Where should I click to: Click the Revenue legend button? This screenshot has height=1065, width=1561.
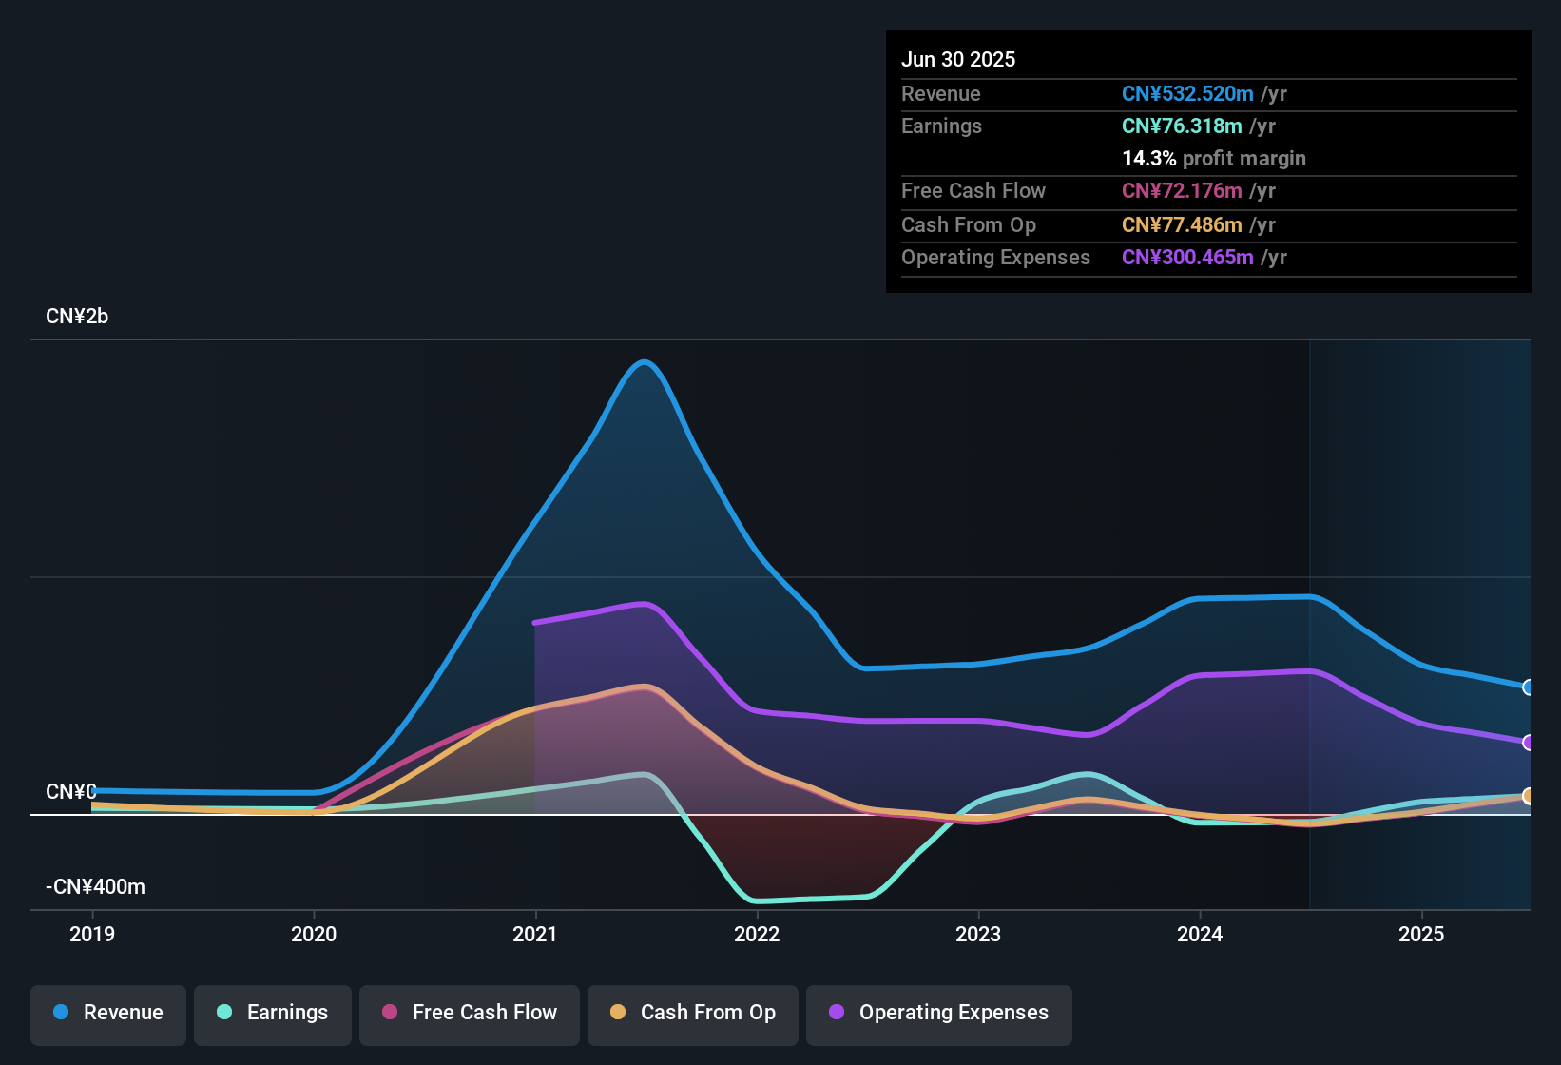point(108,1013)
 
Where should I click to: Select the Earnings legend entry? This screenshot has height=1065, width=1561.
point(273,1013)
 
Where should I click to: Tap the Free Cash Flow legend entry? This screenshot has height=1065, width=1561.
point(470,1013)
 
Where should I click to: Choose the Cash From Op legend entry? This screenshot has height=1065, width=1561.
point(693,1013)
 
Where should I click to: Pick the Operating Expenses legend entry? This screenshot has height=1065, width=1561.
point(939,1013)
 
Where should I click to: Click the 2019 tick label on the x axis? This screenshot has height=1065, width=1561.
point(92,934)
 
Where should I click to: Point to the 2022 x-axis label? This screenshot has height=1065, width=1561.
point(757,934)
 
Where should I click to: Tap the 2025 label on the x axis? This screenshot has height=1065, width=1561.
point(1421,934)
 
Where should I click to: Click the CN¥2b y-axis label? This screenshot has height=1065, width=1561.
point(77,317)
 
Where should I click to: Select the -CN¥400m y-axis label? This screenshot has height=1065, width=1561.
point(95,887)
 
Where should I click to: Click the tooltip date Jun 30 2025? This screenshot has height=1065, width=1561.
point(958,59)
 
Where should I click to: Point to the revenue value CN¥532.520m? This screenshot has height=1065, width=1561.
point(1187,93)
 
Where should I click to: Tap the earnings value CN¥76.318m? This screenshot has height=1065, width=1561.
point(1182,126)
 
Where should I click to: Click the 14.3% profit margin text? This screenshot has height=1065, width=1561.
point(1213,158)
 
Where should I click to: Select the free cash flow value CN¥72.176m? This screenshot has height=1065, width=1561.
point(1182,190)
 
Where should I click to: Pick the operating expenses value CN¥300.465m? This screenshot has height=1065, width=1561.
point(1187,257)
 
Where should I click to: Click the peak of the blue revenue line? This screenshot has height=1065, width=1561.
point(645,361)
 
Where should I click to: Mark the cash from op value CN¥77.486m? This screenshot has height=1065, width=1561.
point(1182,224)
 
